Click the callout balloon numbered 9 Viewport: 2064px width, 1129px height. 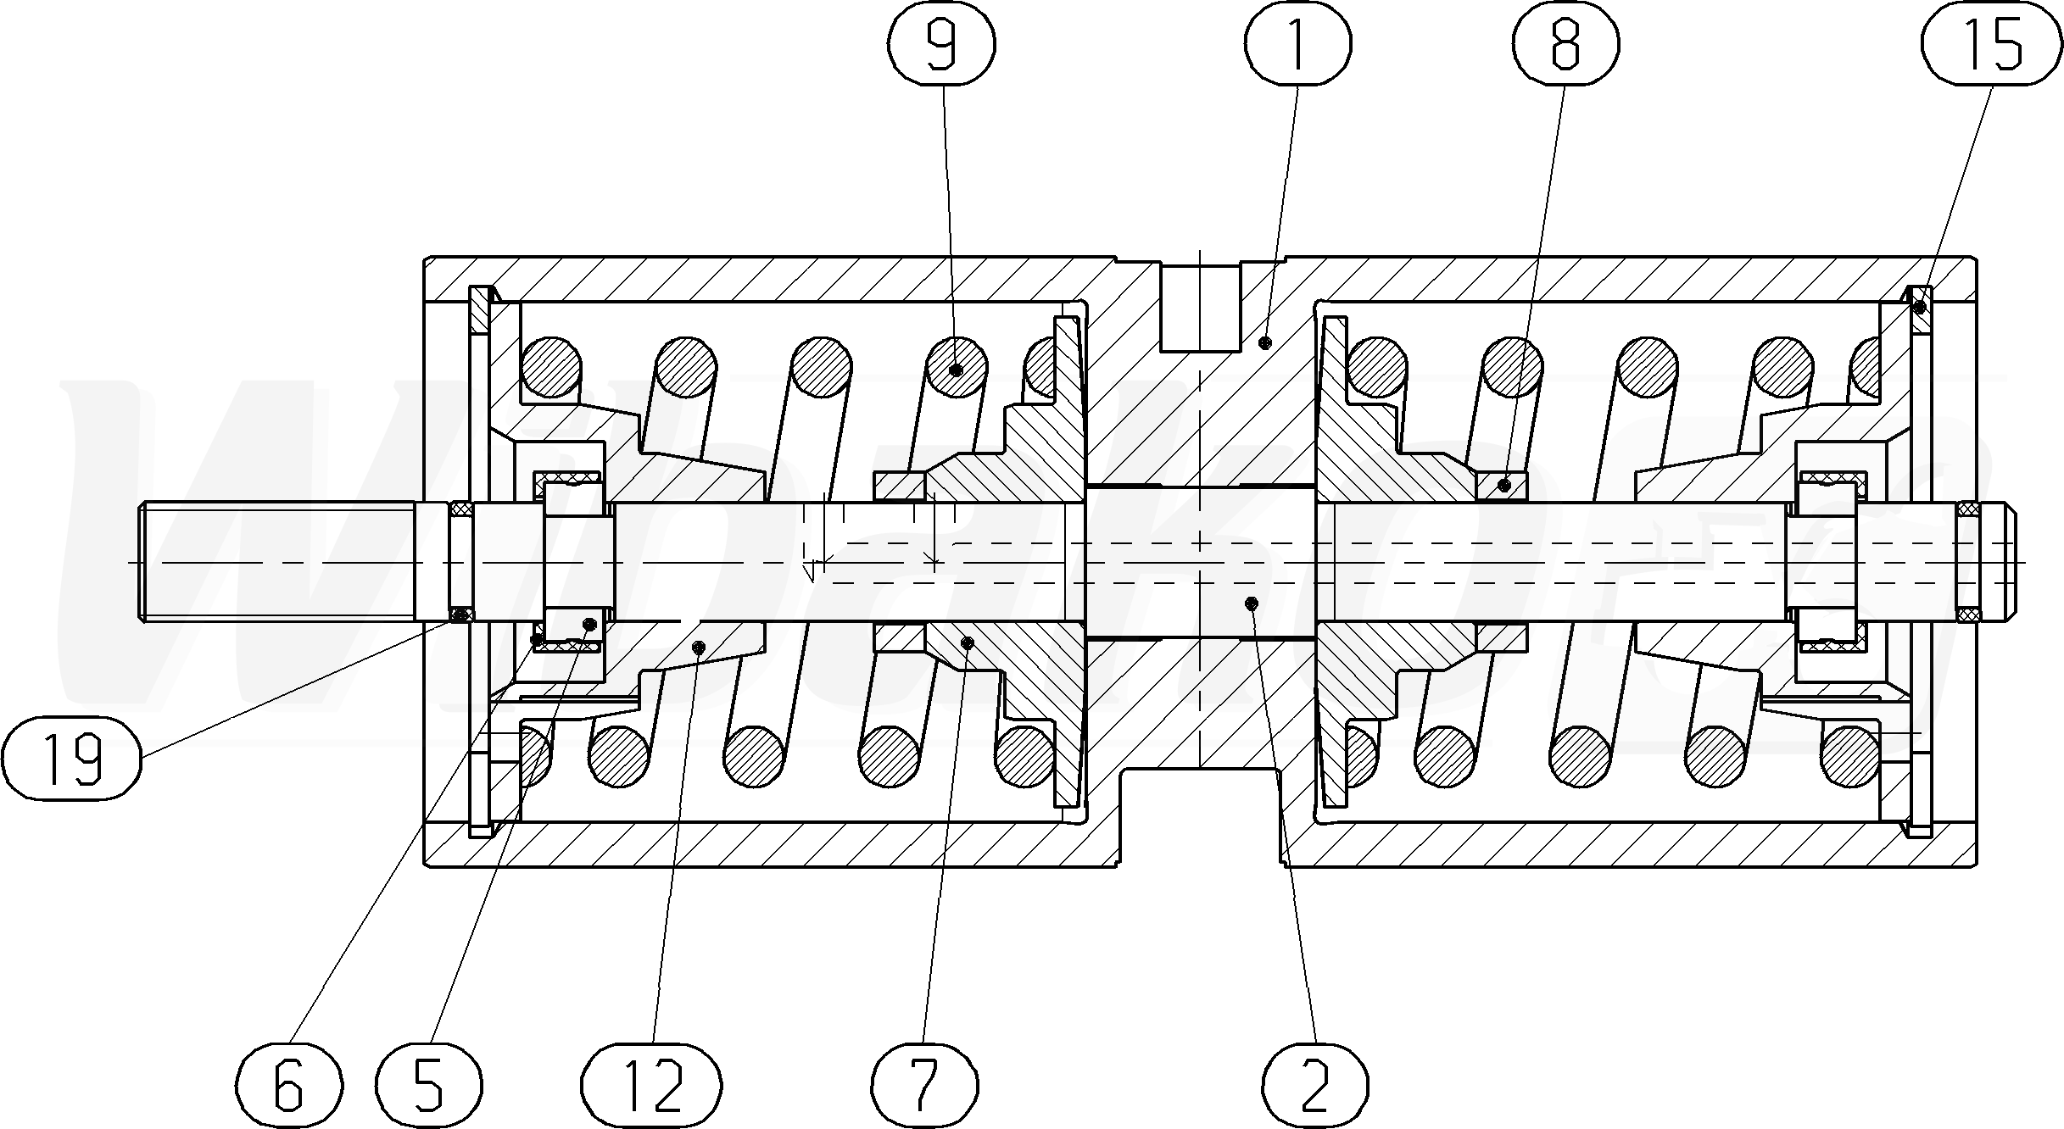coord(941,43)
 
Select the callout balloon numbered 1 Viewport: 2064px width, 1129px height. coord(1297,43)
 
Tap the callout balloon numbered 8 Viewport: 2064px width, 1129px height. coord(1565,43)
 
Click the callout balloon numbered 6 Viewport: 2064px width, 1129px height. coord(288,1086)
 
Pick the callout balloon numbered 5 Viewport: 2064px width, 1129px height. coord(429,1086)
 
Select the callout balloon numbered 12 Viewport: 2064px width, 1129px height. coord(651,1086)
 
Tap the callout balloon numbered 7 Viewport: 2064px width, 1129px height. coord(924,1086)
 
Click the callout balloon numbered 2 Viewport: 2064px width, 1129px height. coord(1314,1086)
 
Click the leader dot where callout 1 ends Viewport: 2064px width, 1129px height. coord(1265,342)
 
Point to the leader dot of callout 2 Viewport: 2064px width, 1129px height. coord(1251,603)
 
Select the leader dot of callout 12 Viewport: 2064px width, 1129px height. coord(699,648)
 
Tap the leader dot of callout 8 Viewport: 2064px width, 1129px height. coord(1503,486)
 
